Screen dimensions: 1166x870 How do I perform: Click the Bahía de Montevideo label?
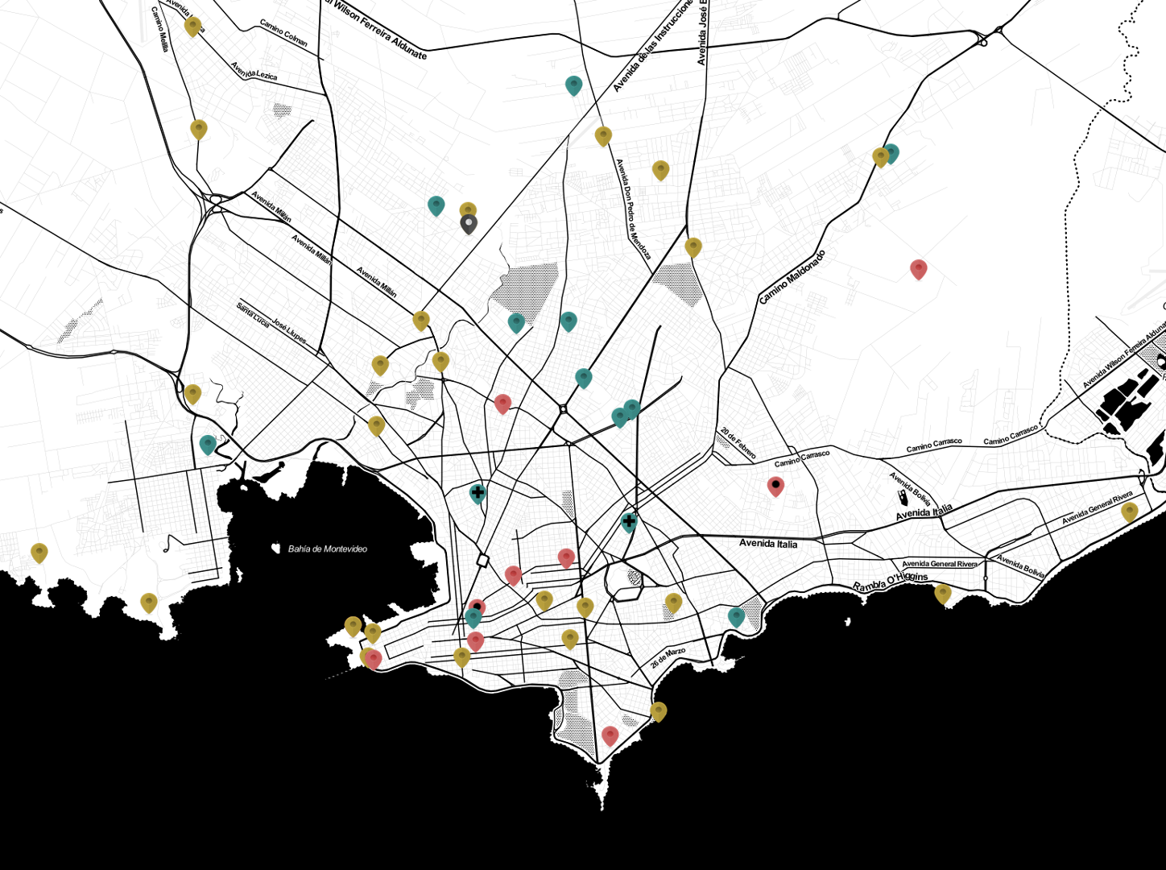[x=328, y=549]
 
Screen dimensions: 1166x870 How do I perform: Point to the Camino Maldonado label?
[x=792, y=277]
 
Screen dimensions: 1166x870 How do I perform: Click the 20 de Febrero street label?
[x=738, y=443]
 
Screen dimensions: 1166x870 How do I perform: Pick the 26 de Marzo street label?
[x=668, y=657]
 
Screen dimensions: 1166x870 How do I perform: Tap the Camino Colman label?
[x=283, y=33]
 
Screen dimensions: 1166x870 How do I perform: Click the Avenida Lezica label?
[x=254, y=71]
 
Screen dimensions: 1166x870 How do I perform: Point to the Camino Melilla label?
[x=159, y=30]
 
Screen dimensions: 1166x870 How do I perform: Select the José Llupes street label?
[x=288, y=330]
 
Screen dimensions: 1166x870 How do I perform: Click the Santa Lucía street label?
[x=253, y=314]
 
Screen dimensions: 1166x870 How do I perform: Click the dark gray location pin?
[x=469, y=223]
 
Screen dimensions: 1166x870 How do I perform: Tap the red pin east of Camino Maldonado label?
[x=918, y=268]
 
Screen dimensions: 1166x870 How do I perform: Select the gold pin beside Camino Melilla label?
[x=192, y=26]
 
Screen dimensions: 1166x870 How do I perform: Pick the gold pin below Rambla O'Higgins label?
[x=943, y=594]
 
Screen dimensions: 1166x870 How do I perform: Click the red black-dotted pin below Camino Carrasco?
[x=775, y=485]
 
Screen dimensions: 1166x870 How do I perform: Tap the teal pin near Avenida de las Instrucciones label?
[x=573, y=85]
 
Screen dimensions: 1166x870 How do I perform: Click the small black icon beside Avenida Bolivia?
[x=902, y=499]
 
